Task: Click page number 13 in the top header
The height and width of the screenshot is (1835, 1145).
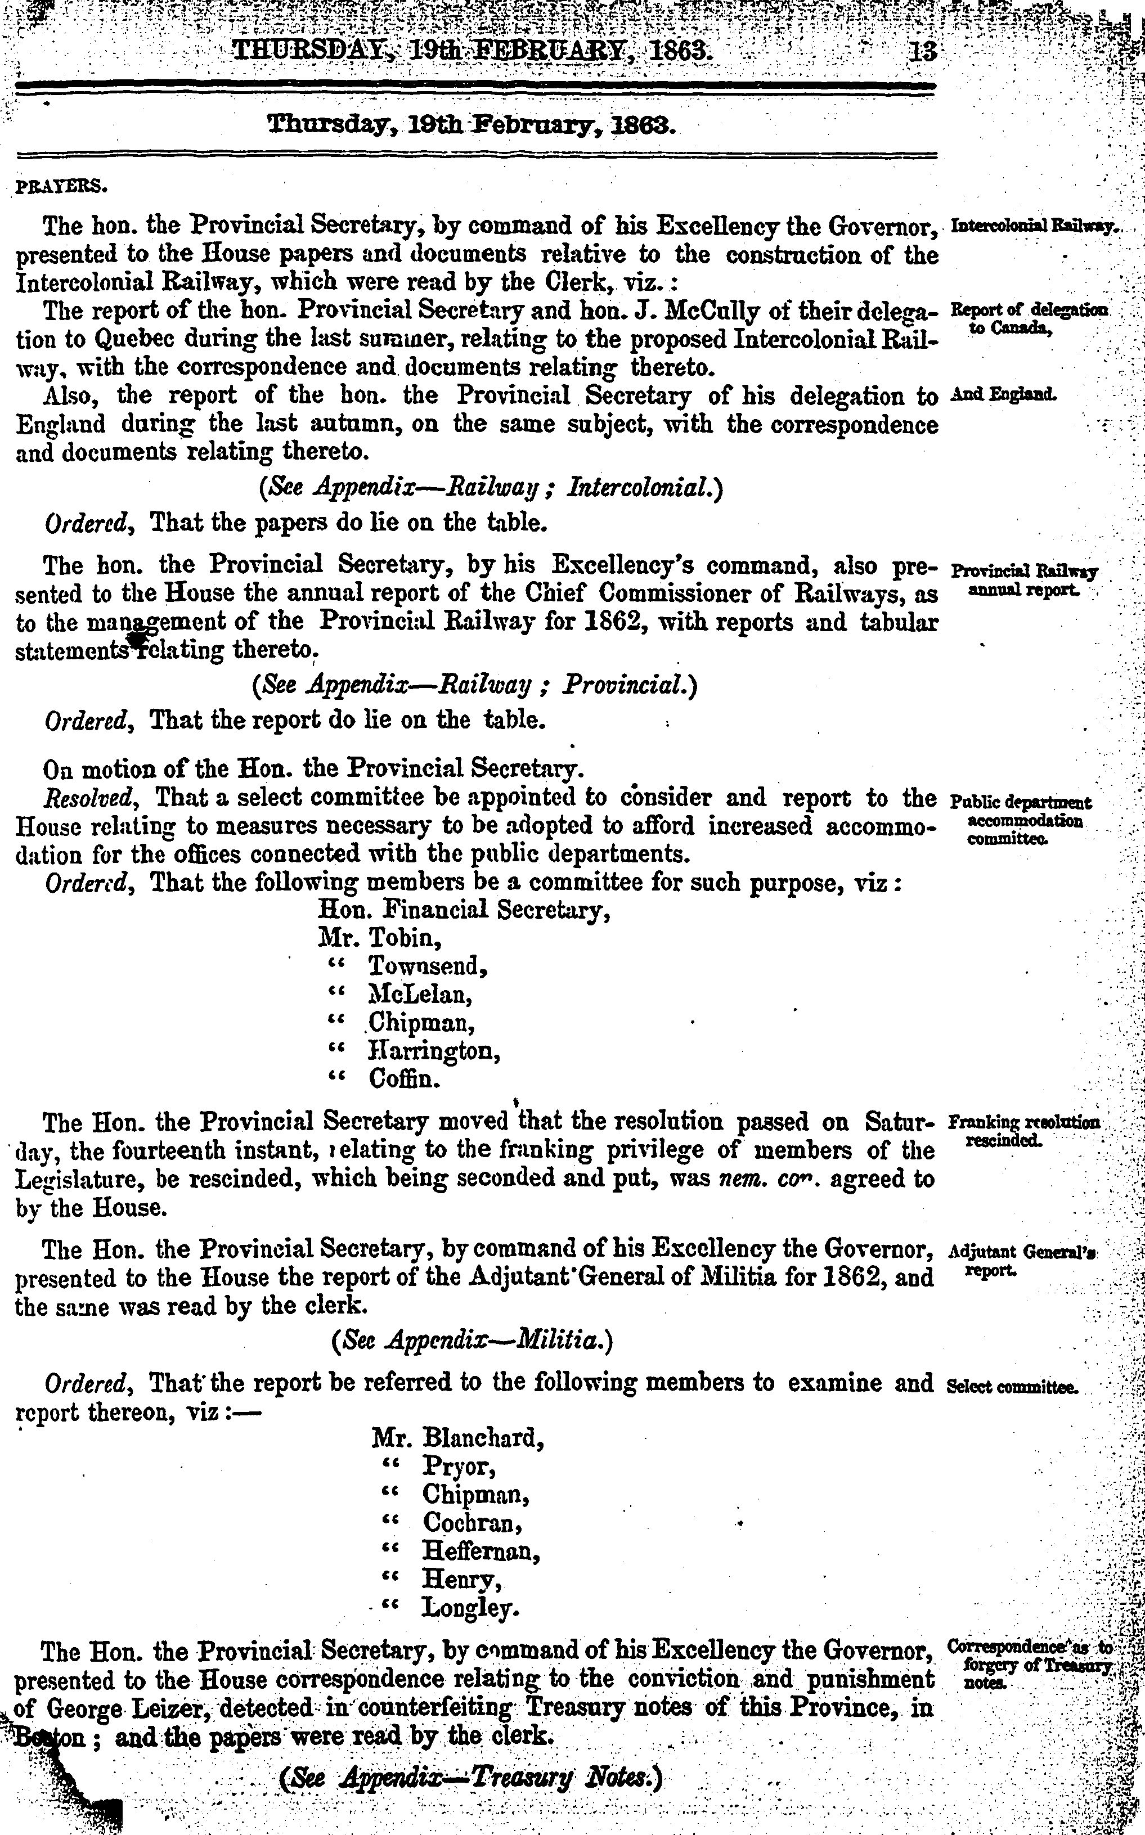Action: (924, 52)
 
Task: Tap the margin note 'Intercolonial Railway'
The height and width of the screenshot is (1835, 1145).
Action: (1033, 226)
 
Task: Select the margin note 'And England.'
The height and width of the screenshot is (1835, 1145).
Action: (1003, 394)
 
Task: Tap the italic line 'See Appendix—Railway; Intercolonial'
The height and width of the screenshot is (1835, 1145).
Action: (491, 486)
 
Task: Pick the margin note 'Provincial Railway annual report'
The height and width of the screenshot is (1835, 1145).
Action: (1024, 580)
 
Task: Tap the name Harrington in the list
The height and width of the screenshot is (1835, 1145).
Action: (433, 1051)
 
